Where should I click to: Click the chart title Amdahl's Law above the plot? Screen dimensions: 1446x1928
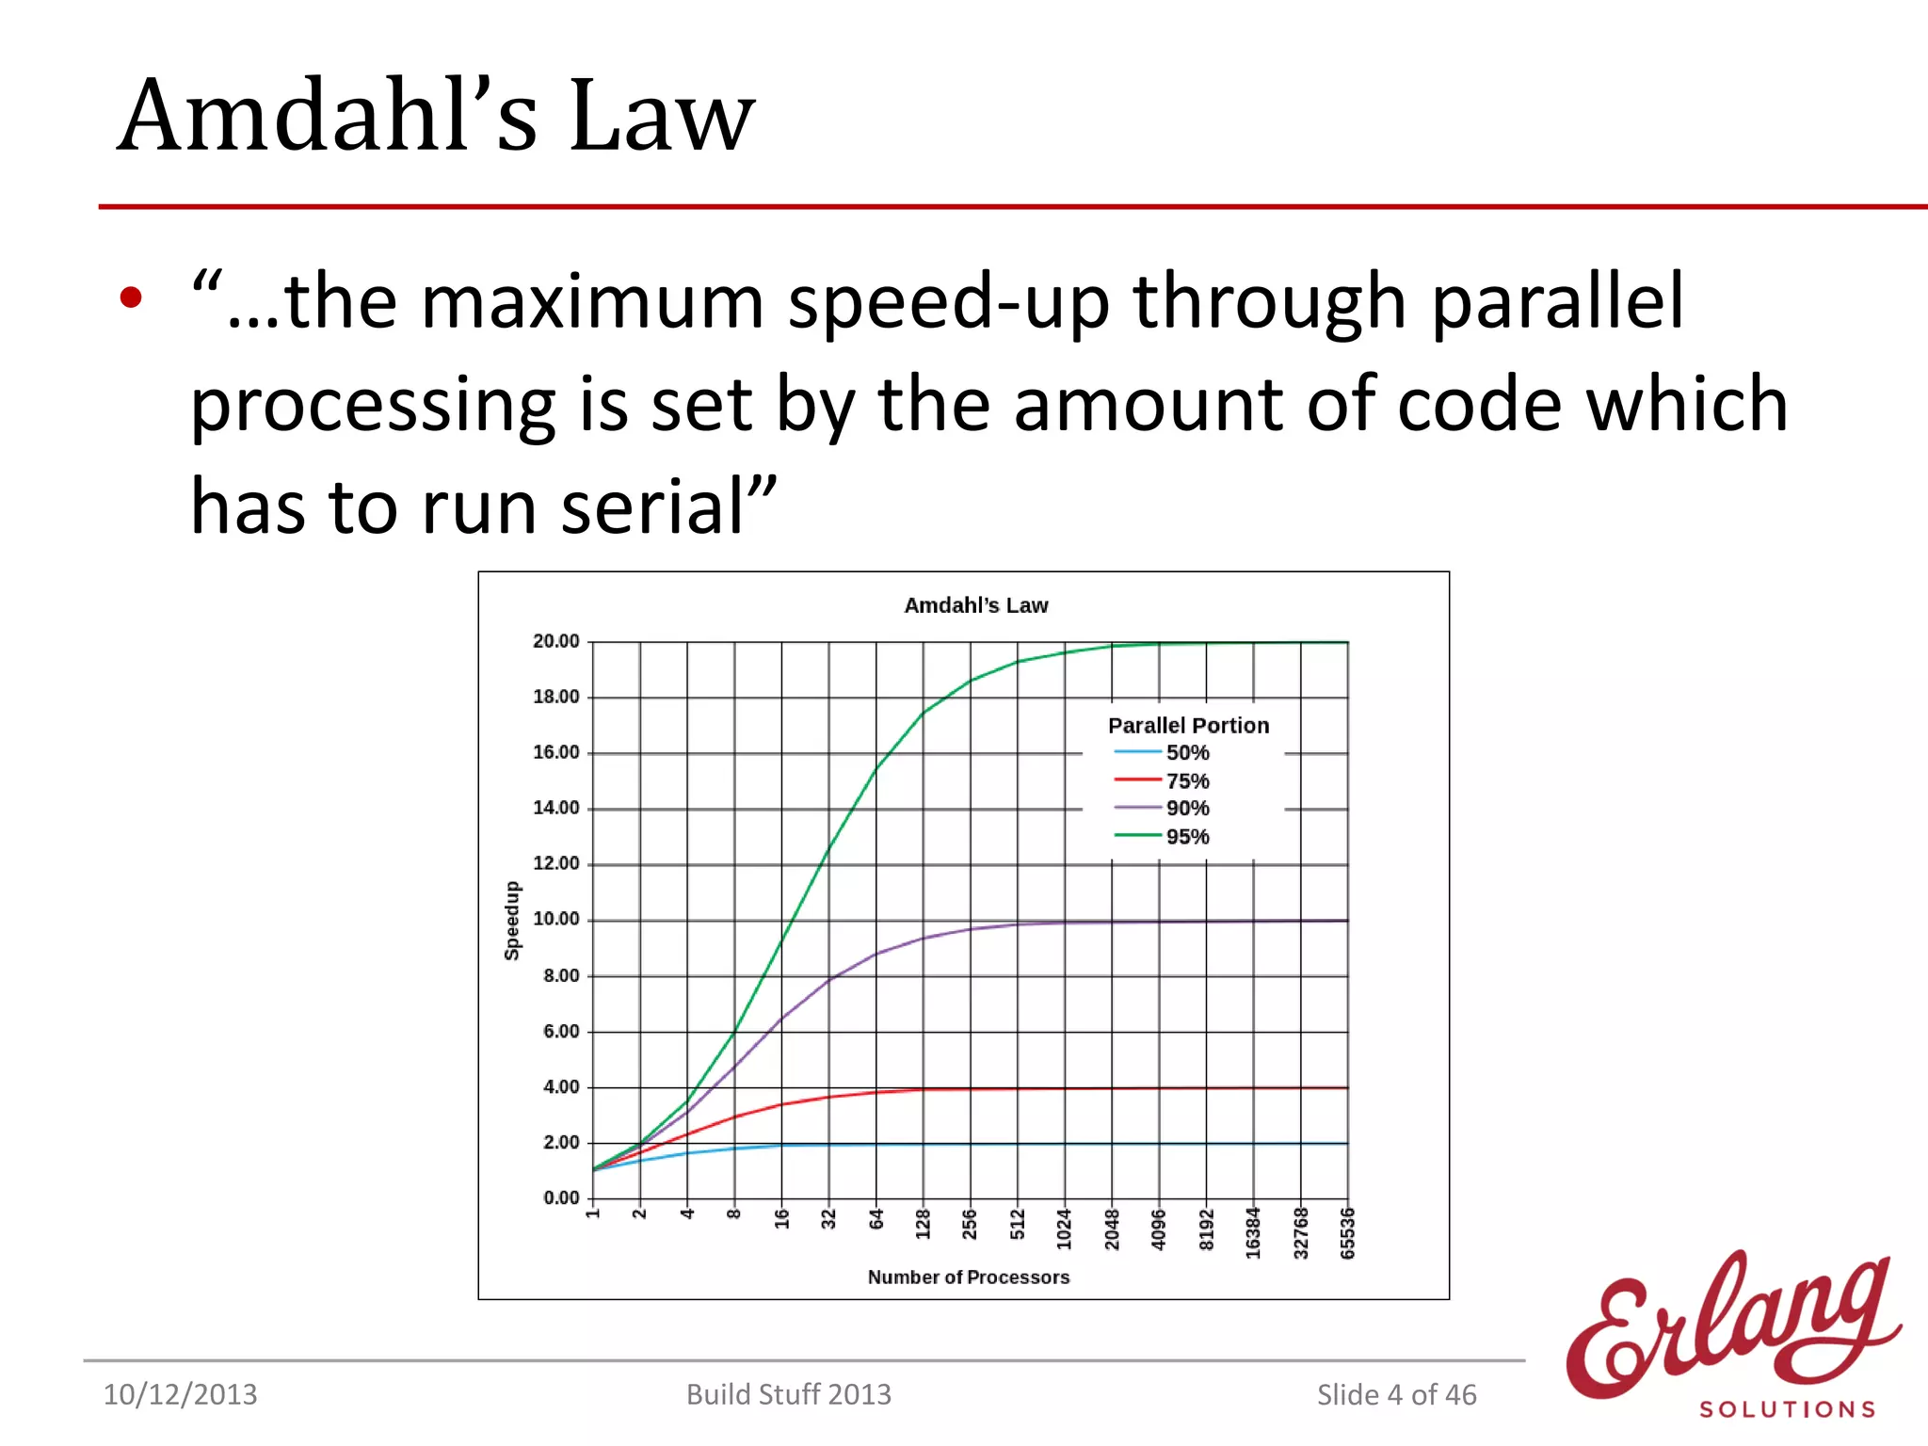pyautogui.click(x=975, y=605)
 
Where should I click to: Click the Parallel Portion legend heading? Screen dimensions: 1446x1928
pyautogui.click(x=1188, y=725)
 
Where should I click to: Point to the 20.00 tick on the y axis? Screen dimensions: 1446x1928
pyautogui.click(x=555, y=641)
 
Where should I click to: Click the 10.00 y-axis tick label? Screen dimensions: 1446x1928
pyautogui.click(x=555, y=919)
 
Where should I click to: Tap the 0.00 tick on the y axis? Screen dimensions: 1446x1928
pyautogui.click(x=561, y=1197)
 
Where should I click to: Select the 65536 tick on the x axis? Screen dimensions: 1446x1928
pyautogui.click(x=1347, y=1233)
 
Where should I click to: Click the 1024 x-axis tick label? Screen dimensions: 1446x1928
pyautogui.click(x=1064, y=1229)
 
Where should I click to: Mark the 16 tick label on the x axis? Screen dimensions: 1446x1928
pyautogui.click(x=781, y=1219)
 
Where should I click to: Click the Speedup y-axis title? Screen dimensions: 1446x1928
pyautogui.click(x=512, y=921)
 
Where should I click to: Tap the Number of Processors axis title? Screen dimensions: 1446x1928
pyautogui.click(x=969, y=1277)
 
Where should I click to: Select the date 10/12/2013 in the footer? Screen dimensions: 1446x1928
pyautogui.click(x=180, y=1394)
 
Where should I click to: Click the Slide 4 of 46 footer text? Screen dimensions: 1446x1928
pyautogui.click(x=1396, y=1394)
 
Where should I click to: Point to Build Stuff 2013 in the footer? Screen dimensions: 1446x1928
pyautogui.click(x=788, y=1394)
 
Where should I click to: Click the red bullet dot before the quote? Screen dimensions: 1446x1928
pyautogui.click(x=131, y=298)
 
